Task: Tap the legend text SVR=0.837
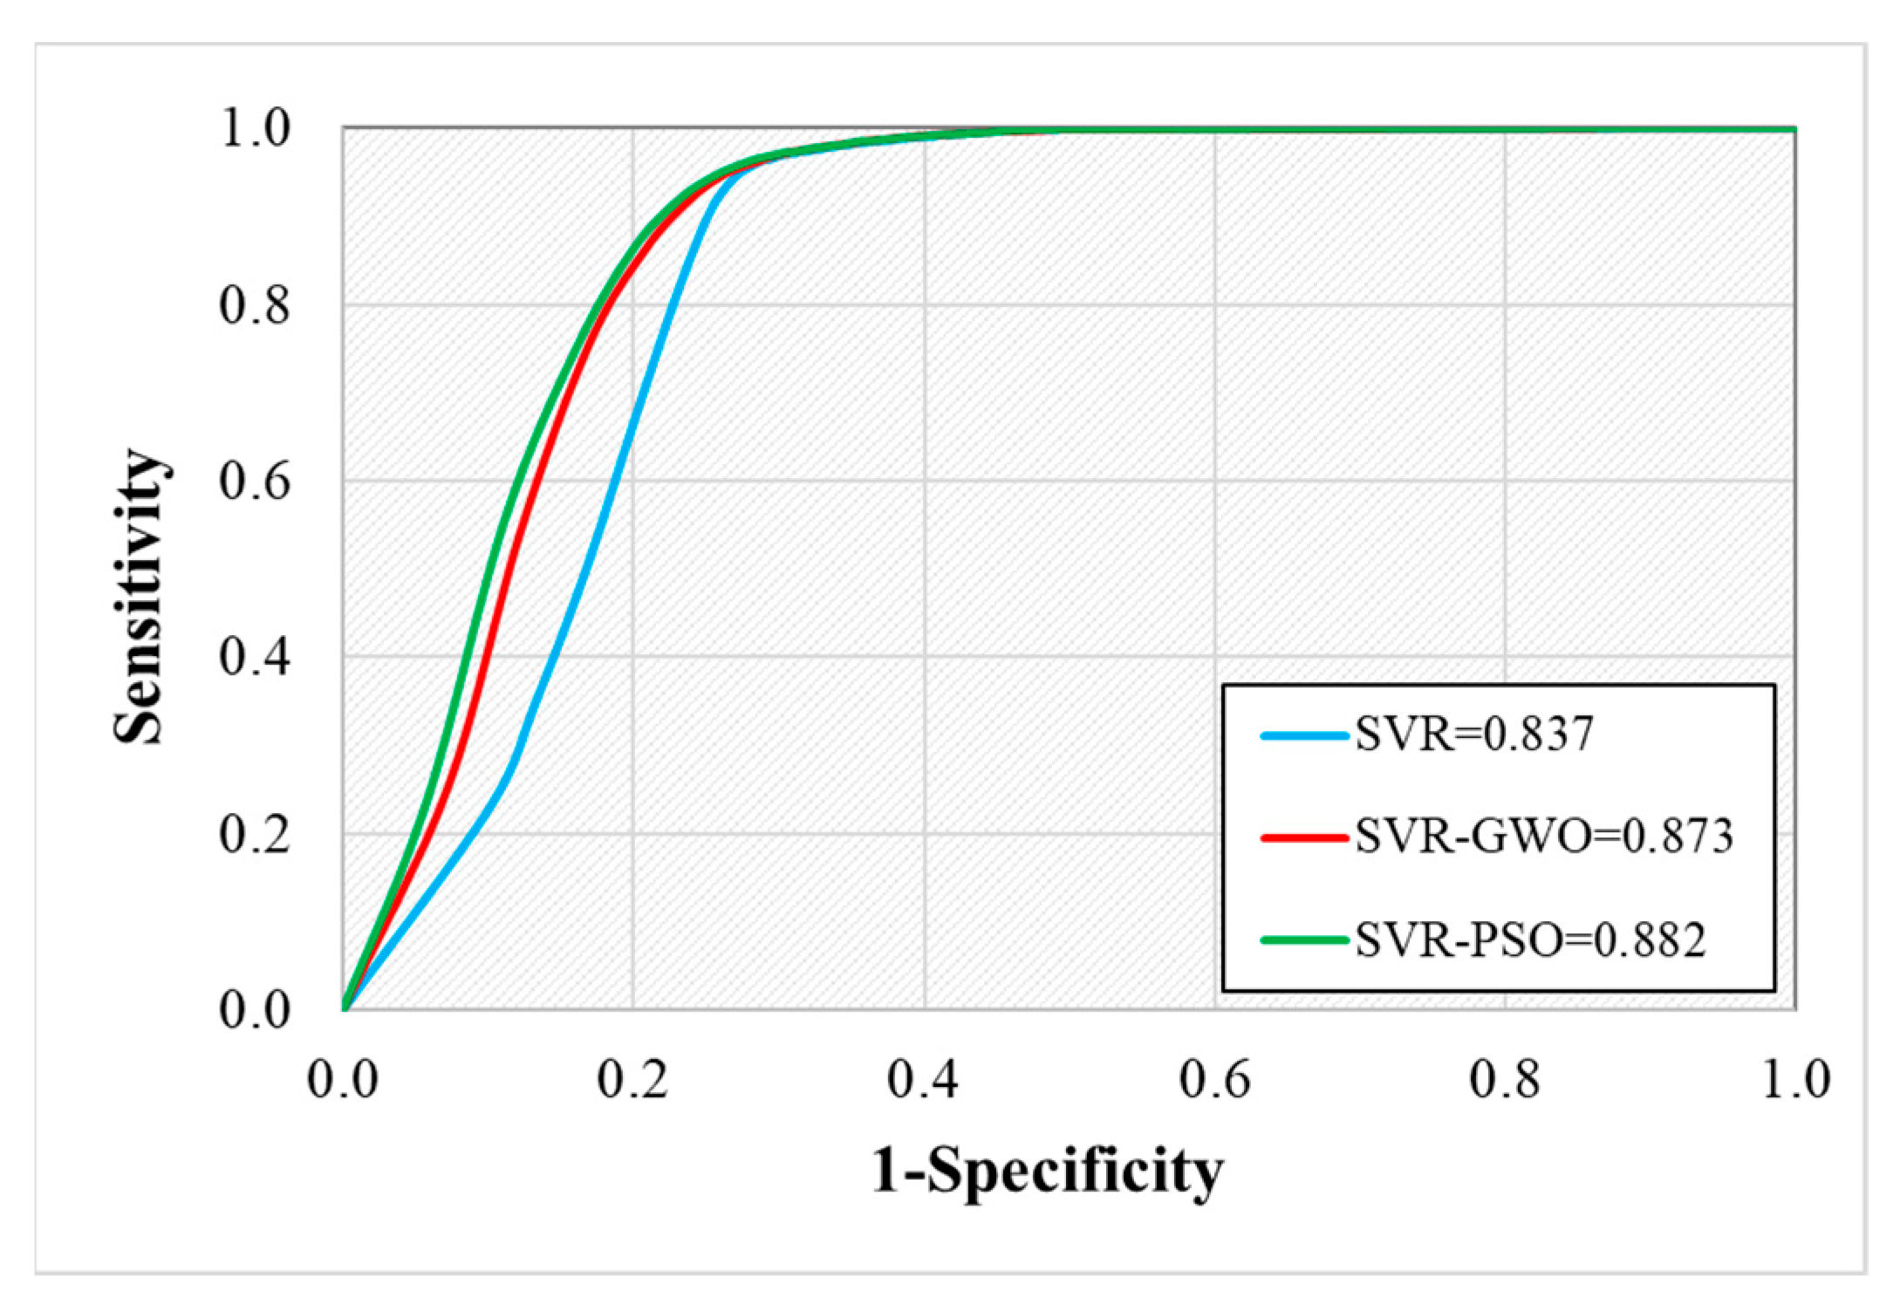[x=1473, y=734]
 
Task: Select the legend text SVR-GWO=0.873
[x=1543, y=837]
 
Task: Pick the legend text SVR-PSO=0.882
[x=1529, y=940]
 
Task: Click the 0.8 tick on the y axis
[x=254, y=305]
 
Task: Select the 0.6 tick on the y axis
[x=254, y=482]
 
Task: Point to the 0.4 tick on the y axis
[x=254, y=657]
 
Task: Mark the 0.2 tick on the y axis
[x=254, y=834]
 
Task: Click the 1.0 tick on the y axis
[x=254, y=129]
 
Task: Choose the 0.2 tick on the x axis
[x=632, y=1080]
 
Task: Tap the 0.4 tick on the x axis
[x=923, y=1080]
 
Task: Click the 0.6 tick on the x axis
[x=1214, y=1080]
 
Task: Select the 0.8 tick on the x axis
[x=1504, y=1080]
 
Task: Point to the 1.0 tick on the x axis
[x=1795, y=1080]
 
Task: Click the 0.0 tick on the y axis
[x=254, y=1010]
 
